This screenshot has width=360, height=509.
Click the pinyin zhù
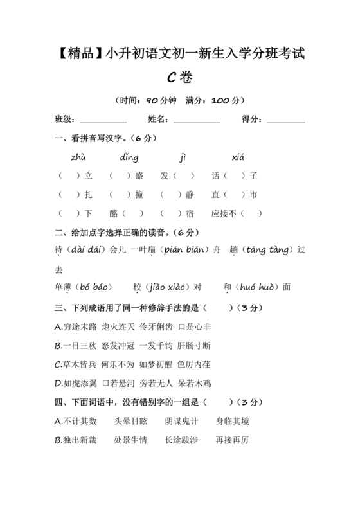(x=79, y=157)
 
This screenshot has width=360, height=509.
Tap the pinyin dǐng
(x=129, y=157)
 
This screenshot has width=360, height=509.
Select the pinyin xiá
(x=238, y=157)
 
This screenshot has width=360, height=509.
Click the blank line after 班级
(x=104, y=120)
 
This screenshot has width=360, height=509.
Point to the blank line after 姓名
(x=197, y=120)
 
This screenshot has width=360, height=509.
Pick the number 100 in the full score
(x=220, y=101)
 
